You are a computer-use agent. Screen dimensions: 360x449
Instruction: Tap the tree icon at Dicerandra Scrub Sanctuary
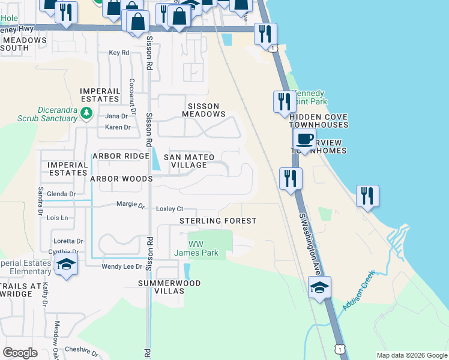(86, 113)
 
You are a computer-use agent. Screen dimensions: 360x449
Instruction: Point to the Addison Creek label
(358, 291)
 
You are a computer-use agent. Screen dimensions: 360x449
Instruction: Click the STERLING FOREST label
(218, 221)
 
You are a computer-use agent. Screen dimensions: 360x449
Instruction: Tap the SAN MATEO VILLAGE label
(192, 161)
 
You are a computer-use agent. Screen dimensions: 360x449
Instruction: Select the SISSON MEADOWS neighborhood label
(203, 110)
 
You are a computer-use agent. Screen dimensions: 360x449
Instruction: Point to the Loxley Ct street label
(169, 209)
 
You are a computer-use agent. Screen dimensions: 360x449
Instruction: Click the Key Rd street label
(119, 53)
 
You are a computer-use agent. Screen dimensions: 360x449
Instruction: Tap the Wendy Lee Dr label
(122, 266)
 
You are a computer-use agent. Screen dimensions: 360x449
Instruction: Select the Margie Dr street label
(130, 205)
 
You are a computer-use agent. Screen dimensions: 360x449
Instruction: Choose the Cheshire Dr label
(81, 349)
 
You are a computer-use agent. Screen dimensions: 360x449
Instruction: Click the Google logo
(20, 353)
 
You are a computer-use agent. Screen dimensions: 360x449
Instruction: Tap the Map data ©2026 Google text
(411, 355)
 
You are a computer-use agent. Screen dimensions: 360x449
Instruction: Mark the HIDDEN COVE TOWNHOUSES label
(318, 121)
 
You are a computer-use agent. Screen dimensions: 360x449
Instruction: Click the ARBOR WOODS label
(121, 179)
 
